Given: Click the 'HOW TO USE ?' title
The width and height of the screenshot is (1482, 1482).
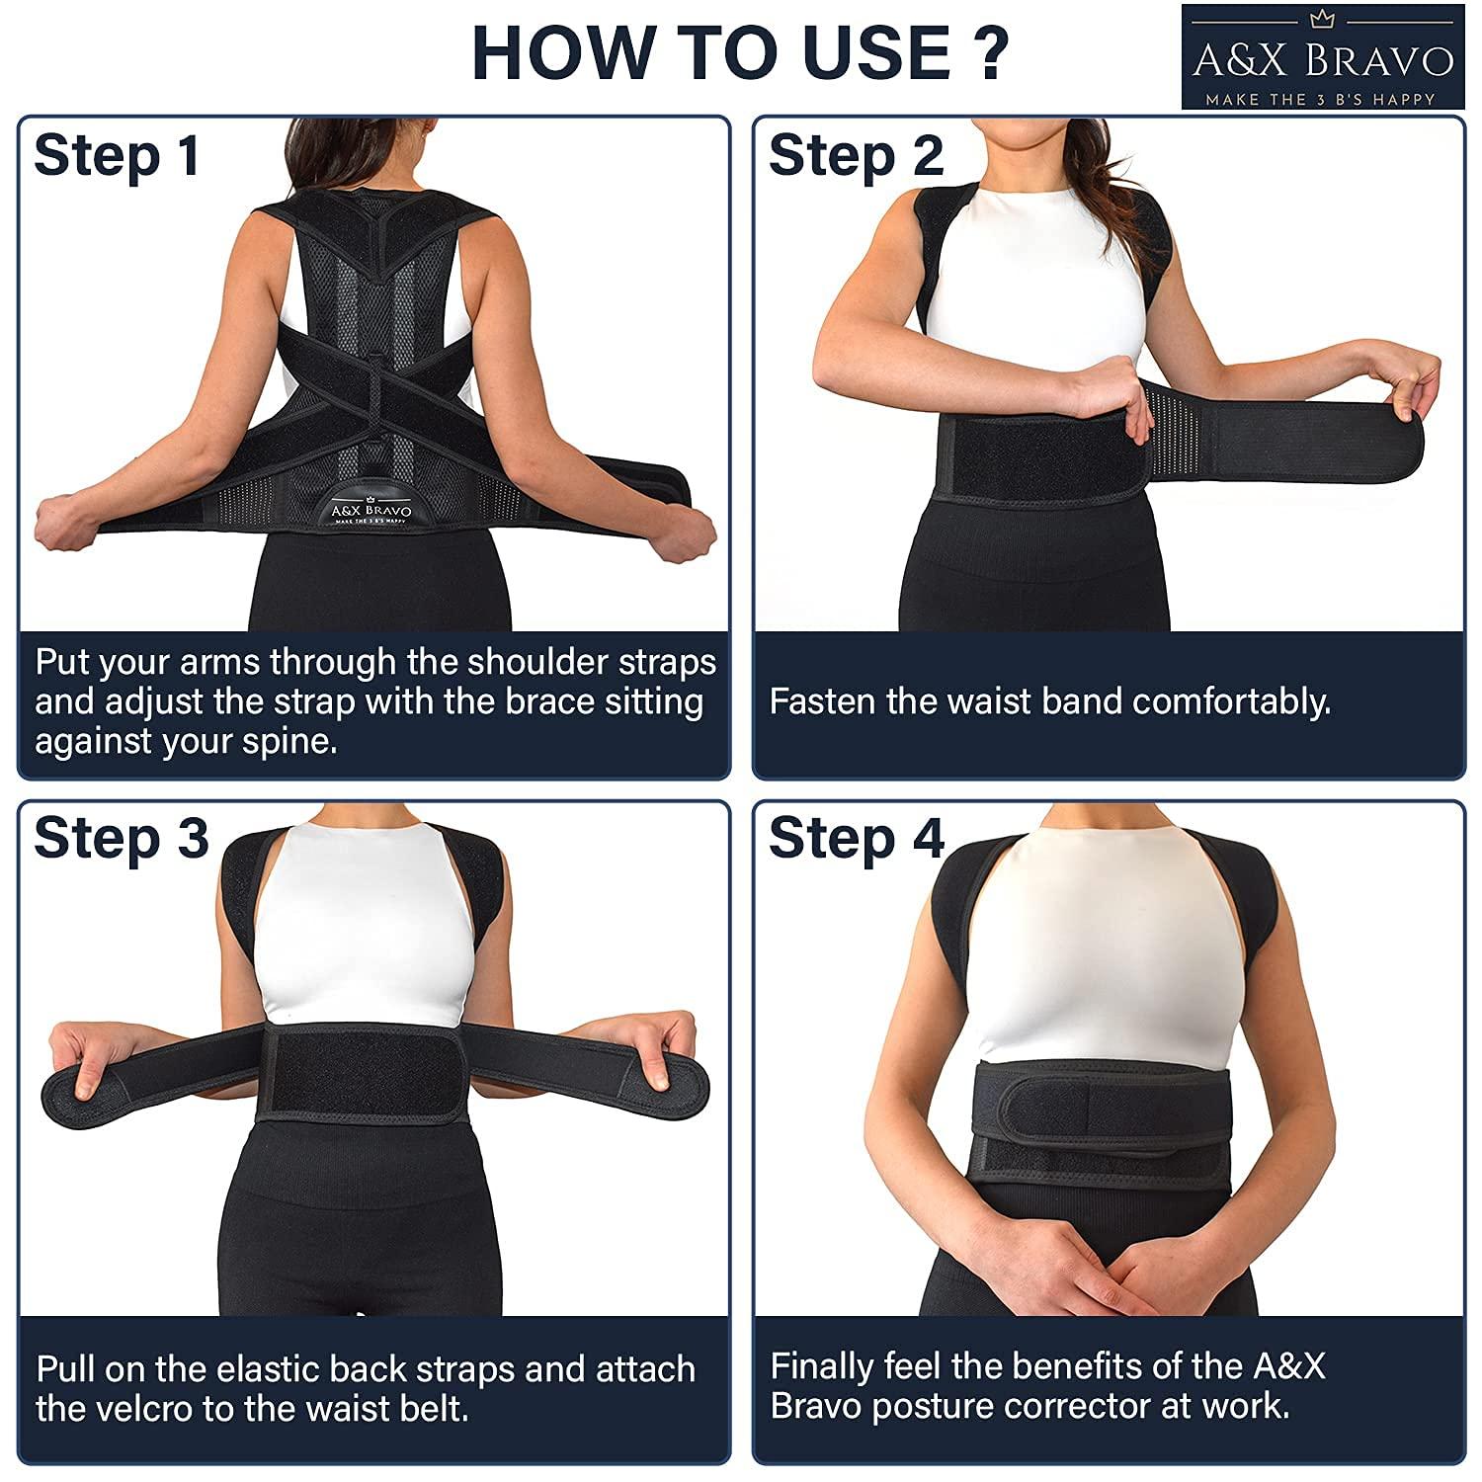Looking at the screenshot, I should click(740, 52).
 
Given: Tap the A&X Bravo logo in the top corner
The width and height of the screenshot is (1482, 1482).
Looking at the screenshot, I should click(1323, 57).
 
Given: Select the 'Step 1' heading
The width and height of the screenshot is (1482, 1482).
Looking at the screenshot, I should click(117, 156).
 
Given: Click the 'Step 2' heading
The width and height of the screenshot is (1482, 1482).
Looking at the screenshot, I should click(856, 156).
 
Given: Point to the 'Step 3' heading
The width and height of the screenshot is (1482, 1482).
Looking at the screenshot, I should click(121, 838).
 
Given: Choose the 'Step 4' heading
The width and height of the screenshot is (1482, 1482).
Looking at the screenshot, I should click(857, 838).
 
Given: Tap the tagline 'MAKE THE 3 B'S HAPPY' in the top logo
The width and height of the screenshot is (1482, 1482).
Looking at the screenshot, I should click(1320, 99).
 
